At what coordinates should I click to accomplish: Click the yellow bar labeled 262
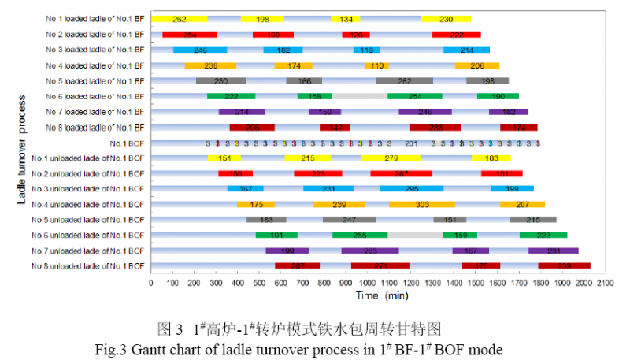[180, 19]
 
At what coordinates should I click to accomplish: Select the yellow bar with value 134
[346, 19]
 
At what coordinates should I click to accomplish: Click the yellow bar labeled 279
[391, 158]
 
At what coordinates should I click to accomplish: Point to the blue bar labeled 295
[411, 189]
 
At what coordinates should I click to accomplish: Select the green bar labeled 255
[360, 235]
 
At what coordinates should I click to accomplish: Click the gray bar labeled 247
[349, 220]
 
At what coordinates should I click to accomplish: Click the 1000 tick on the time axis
[367, 281]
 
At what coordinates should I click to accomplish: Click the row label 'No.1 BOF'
[128, 143]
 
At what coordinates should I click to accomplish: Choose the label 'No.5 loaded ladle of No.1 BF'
[96, 81]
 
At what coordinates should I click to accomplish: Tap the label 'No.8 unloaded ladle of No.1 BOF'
[89, 266]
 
